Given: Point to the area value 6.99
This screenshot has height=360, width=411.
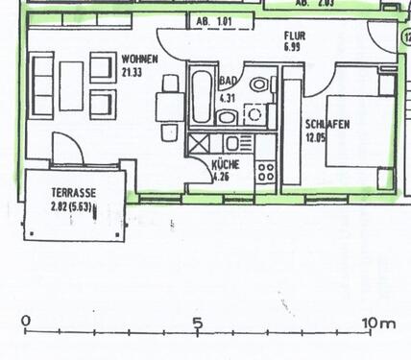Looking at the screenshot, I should click(x=293, y=46).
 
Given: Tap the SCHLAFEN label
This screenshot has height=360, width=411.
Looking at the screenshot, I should click(x=326, y=124).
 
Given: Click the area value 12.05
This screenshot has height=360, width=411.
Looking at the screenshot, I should click(x=319, y=138).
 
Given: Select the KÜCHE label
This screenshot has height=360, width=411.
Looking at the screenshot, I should click(x=226, y=164).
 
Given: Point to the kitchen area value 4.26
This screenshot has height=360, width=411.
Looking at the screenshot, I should click(x=223, y=176).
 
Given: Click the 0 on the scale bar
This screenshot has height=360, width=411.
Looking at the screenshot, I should click(x=25, y=322).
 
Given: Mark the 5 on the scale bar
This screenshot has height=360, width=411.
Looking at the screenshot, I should click(x=197, y=322).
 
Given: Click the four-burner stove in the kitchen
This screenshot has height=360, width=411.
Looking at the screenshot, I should click(x=266, y=174).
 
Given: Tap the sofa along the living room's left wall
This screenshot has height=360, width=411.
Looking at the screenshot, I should click(x=42, y=85).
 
